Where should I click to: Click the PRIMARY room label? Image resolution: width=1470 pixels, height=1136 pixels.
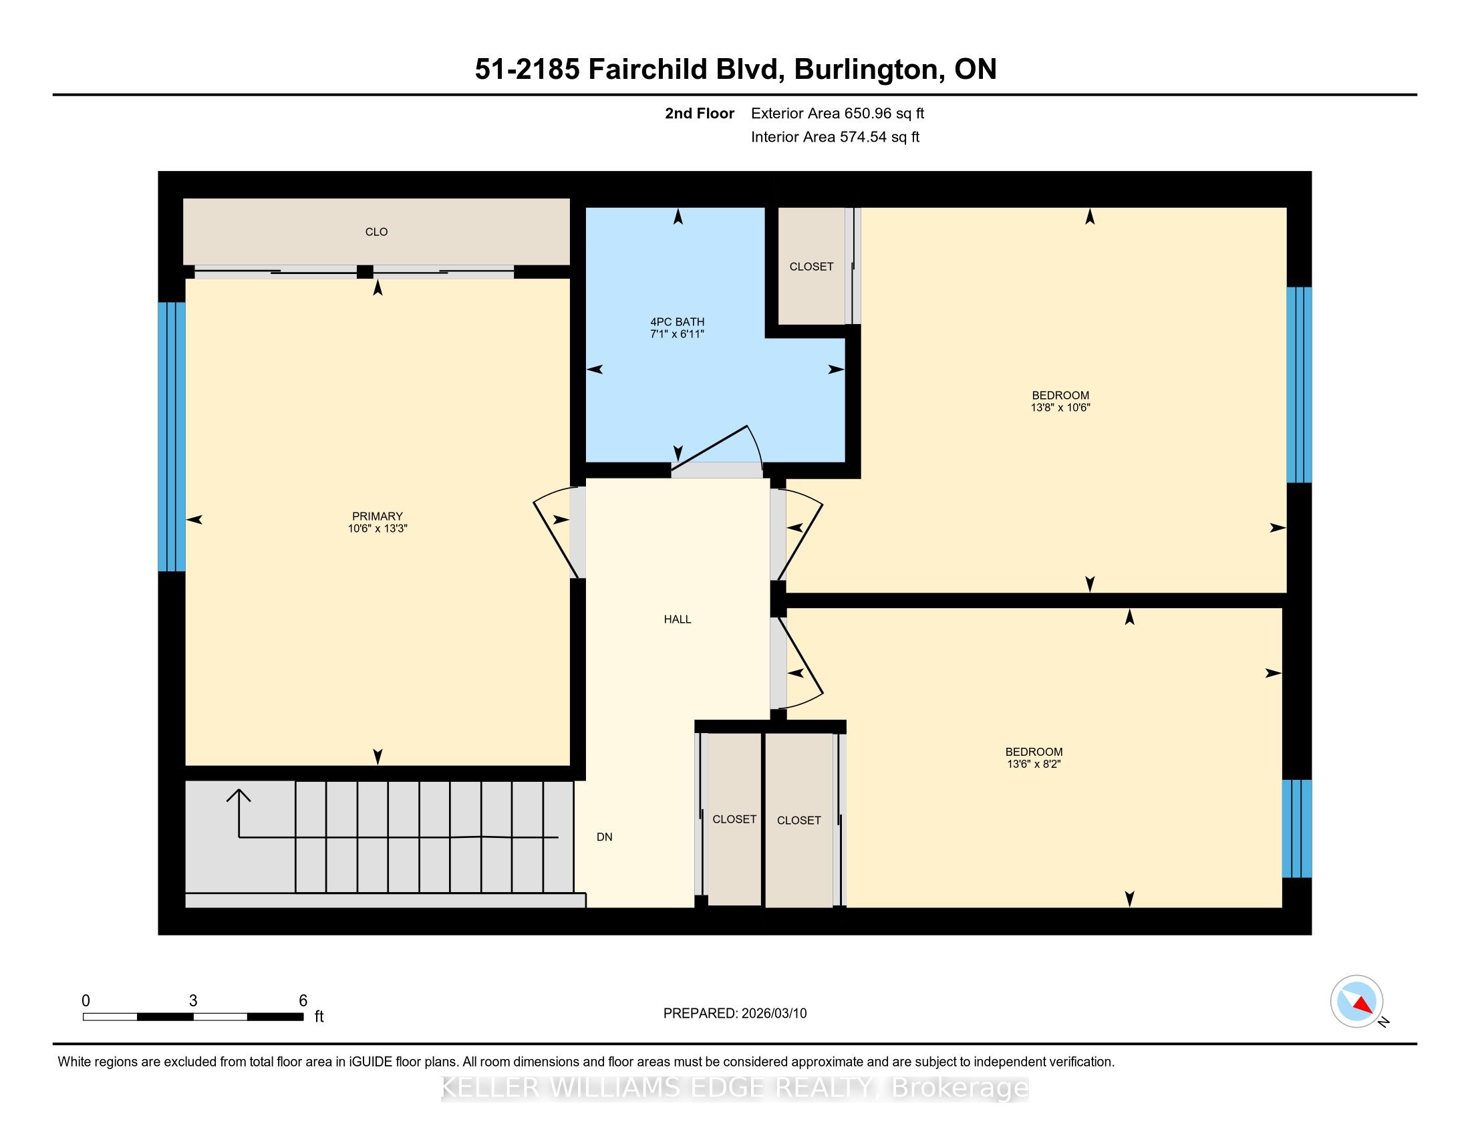(377, 516)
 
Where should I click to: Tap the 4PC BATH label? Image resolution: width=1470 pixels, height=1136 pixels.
(677, 321)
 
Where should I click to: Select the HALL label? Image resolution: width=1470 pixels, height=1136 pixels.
(677, 619)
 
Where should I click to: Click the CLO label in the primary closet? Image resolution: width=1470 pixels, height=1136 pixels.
(376, 231)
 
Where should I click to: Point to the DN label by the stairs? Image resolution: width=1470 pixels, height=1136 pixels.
(605, 837)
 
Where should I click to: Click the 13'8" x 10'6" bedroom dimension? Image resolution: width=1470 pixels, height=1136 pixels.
(1060, 407)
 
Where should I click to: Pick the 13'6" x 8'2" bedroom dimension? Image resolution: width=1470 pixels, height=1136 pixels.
(1034, 764)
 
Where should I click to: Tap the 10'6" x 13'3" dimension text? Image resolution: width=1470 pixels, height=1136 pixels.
(378, 529)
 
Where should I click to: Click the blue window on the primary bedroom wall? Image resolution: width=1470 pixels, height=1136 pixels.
(172, 436)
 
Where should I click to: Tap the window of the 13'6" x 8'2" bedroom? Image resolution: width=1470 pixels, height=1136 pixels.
(1297, 829)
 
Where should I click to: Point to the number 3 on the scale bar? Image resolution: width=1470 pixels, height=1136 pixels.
(193, 1000)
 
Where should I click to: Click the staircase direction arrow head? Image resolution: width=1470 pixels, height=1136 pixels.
(239, 796)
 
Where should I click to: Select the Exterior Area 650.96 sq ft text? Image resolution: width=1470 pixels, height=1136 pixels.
(837, 113)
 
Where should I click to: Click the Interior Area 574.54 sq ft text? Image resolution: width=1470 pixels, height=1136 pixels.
(835, 136)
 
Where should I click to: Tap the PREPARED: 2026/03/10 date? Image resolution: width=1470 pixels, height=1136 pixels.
(735, 1013)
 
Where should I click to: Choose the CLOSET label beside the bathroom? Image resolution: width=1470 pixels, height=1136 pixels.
(811, 267)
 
